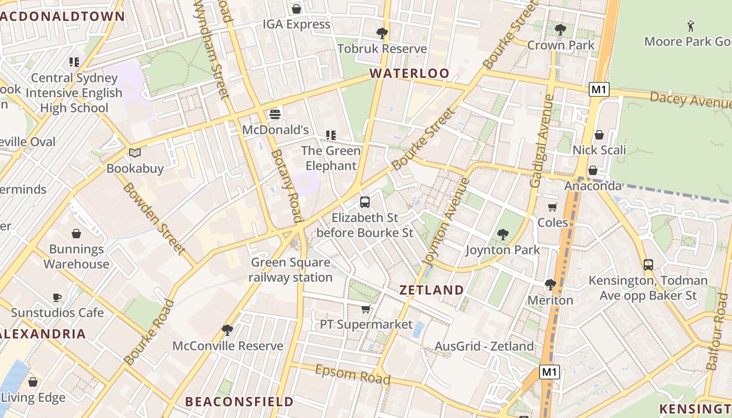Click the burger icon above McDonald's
tap(275, 114)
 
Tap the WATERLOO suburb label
tap(409, 74)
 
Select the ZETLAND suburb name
tap(431, 290)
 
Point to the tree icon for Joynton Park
tap(503, 235)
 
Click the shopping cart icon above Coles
tap(553, 207)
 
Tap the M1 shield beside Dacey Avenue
tap(599, 89)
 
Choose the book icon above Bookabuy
tap(135, 153)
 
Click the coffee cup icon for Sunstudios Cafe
tap(57, 297)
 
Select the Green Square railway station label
tap(290, 270)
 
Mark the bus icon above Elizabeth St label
tap(365, 202)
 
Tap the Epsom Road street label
tap(352, 374)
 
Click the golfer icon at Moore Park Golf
tap(690, 26)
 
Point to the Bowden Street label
tap(154, 218)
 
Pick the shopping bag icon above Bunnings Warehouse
tap(76, 234)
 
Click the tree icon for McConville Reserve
tap(227, 330)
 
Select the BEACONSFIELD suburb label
tap(239, 401)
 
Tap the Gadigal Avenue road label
tap(542, 141)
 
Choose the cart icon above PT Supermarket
tap(366, 309)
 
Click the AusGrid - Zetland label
tap(484, 346)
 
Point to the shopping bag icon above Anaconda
tap(593, 170)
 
